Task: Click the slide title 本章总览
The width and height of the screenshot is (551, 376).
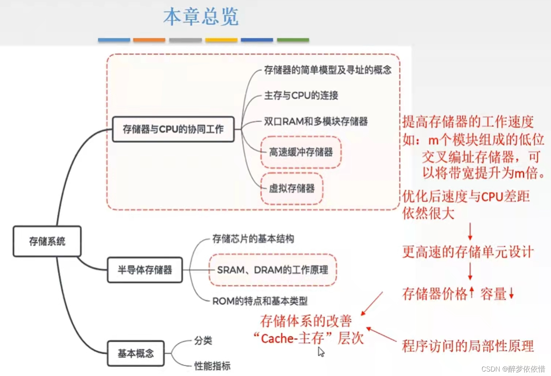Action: pos(201,17)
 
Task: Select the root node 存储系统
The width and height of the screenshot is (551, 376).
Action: pos(47,241)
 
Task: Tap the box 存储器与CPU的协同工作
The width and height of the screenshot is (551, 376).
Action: pos(173,129)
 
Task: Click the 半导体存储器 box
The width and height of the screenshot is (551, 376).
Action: pos(145,270)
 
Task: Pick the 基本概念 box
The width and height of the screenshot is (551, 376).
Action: pos(136,353)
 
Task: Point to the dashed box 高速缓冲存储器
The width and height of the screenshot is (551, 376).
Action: pos(301,152)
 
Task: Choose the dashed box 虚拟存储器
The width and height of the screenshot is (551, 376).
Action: pos(292,189)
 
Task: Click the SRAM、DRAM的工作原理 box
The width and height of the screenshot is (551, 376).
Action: pos(273,270)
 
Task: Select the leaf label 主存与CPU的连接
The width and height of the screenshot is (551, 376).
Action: pos(301,96)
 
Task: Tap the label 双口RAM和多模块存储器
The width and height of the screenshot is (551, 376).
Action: pos(316,122)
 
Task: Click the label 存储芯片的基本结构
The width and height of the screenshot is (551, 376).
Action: pos(253,239)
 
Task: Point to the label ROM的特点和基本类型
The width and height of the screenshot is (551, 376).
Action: pos(260,301)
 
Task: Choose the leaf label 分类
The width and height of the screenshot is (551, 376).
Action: pos(203,341)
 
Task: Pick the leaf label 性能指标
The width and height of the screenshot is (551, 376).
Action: pos(212,366)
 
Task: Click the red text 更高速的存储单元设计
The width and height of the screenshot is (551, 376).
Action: pos(468,252)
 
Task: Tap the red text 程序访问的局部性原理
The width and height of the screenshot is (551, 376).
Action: pos(468,346)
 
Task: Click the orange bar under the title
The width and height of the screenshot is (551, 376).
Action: pos(149,40)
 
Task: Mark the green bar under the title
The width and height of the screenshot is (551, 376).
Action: pos(293,40)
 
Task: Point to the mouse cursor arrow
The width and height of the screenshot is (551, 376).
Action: pos(321,351)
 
